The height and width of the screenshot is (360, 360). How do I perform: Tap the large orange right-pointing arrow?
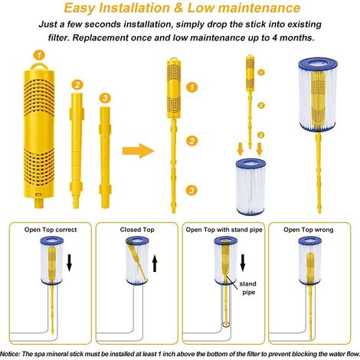[138, 151]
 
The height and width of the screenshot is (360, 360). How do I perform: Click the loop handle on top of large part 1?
[39, 67]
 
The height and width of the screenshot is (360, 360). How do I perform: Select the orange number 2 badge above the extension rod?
[77, 84]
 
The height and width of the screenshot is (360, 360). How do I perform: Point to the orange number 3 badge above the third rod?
[105, 98]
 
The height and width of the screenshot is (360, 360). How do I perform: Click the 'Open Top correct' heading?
[51, 230]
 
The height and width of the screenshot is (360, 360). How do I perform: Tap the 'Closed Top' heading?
[137, 230]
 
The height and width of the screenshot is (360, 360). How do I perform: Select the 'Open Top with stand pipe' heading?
[224, 230]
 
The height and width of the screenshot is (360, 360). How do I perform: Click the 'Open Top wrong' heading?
[309, 230]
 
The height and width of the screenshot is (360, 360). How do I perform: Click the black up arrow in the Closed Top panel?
[155, 263]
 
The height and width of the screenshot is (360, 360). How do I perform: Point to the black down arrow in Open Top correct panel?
[69, 263]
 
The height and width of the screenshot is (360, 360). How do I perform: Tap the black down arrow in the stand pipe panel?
[243, 263]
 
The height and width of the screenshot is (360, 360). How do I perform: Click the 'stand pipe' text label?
[248, 288]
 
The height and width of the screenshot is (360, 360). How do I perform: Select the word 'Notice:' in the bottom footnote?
[10, 354]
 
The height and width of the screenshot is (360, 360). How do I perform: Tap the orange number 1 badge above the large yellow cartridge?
[39, 55]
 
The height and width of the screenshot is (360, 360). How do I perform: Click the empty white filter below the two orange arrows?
[250, 187]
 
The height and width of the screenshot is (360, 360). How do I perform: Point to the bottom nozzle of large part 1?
[39, 203]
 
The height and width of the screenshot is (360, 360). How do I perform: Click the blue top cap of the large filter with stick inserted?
[318, 64]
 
